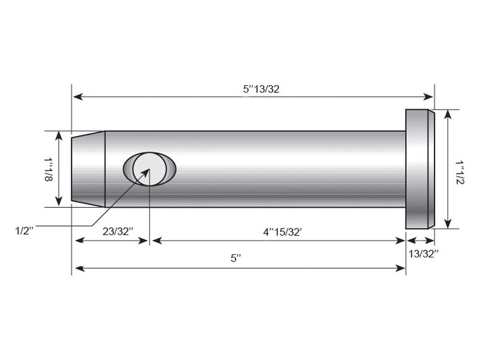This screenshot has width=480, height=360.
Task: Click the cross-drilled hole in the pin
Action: (149, 168)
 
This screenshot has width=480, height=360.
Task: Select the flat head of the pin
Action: (419, 169)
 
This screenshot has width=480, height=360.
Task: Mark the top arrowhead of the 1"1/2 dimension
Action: (447, 113)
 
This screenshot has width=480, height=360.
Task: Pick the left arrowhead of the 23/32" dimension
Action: (77, 241)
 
